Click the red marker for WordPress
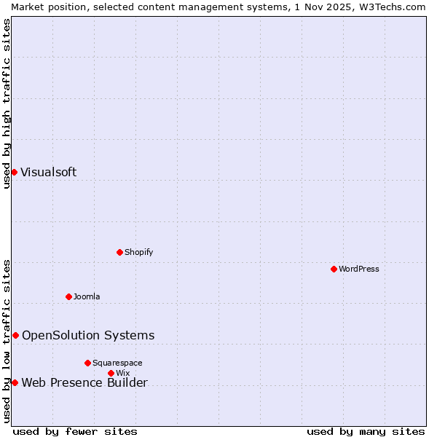coord(334,269)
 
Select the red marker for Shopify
coord(120,252)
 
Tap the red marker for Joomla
coord(69,296)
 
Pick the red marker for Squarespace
coord(88,363)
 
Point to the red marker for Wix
coord(111,373)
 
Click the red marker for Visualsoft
coord(14,172)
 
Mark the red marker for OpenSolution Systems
coord(15,335)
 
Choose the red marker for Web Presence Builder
coord(15,382)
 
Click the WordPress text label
coord(359,269)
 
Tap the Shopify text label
coord(138,252)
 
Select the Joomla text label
coord(87,296)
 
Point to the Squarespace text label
coord(117,363)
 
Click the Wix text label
coord(122,373)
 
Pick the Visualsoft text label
coord(48,173)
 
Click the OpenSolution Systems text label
coord(88,335)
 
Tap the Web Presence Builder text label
coord(84,383)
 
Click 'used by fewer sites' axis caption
coord(75,431)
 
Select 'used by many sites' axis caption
coord(366,431)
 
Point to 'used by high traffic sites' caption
coord(7,103)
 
